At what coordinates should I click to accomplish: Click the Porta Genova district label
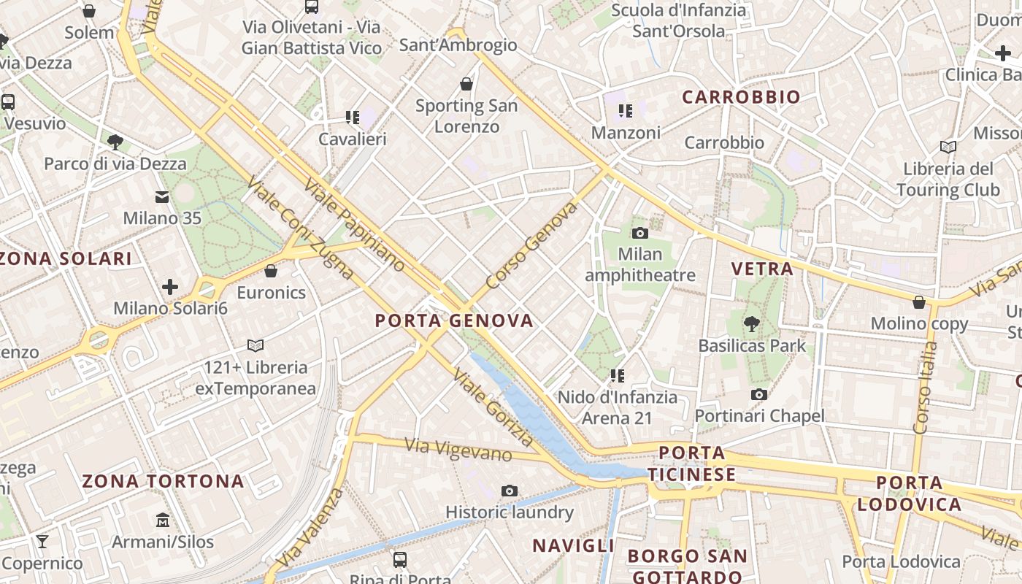coord(454,320)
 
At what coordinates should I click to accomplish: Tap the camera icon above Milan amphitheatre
coord(640,233)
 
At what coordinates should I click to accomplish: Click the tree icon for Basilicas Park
coord(751,323)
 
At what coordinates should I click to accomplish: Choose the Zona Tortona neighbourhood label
coord(163,481)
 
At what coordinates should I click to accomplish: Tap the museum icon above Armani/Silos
coord(162,520)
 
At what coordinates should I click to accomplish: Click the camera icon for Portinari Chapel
coord(759,394)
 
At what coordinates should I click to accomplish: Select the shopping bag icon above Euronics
coord(271,271)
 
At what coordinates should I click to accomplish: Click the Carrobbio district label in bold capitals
coord(741,97)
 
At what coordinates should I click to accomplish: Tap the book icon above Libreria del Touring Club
coord(948,147)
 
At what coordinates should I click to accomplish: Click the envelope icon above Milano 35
coord(162,196)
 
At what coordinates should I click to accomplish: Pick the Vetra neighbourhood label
coord(762,269)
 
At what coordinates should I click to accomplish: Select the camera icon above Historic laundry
coord(510,491)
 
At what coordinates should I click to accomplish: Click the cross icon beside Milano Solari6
coord(170,286)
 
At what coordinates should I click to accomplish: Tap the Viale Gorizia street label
coord(493,407)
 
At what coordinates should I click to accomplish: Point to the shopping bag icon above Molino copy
coord(919,301)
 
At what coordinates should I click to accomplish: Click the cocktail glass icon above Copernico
coord(42,541)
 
